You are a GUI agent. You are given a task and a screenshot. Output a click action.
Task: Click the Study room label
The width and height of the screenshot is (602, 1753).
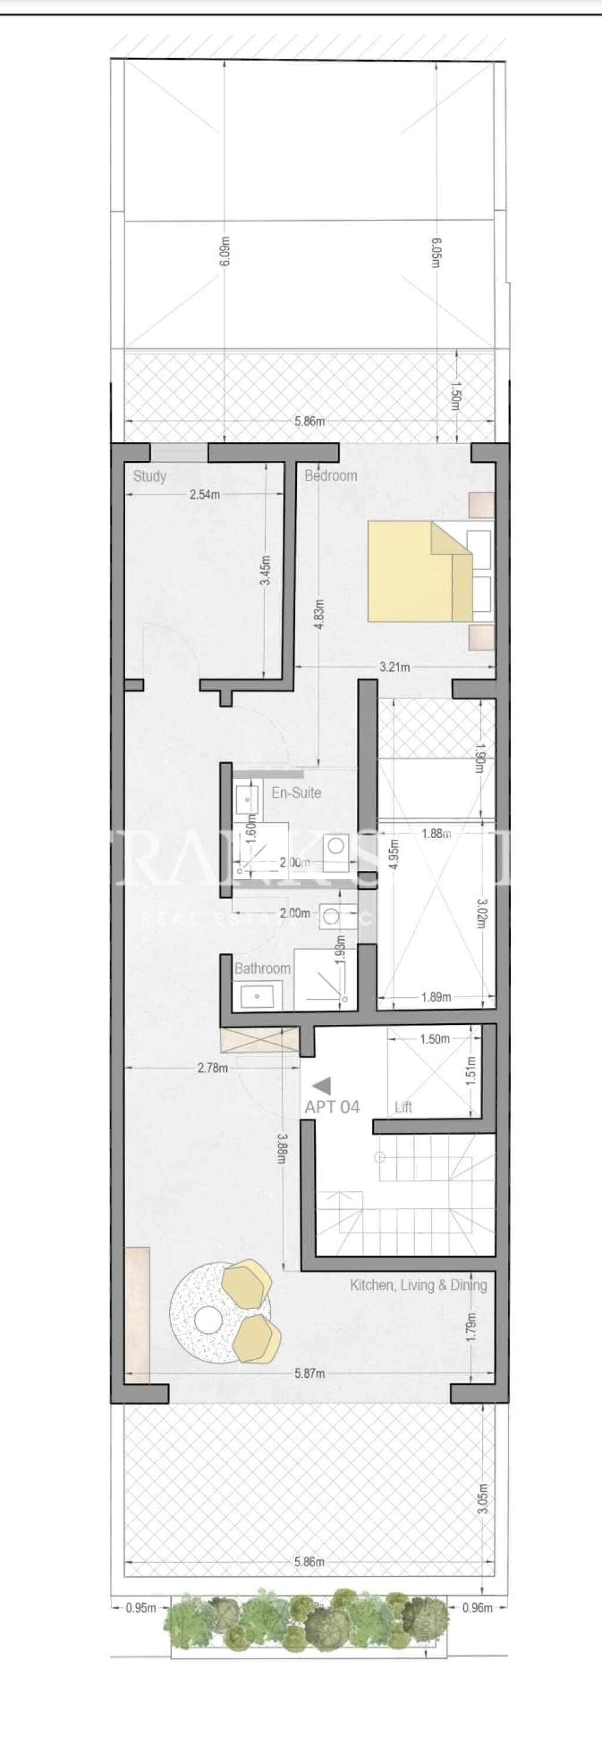coord(150,476)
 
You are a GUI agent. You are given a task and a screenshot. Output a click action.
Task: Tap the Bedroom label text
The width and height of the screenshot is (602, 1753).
coord(330,475)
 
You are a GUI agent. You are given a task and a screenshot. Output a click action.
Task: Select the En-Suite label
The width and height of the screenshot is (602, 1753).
coord(296,792)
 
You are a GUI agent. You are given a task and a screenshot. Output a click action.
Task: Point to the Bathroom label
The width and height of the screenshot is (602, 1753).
coord(262,968)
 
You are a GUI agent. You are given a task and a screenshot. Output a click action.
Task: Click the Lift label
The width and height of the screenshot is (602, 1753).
coord(403,1107)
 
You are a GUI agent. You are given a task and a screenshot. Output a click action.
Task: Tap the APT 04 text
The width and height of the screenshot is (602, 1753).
coord(332,1106)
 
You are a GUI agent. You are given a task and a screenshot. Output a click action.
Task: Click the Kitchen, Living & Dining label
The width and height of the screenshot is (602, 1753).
coord(418,1285)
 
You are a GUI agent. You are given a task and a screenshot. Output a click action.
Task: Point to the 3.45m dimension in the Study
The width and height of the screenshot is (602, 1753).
coord(266,570)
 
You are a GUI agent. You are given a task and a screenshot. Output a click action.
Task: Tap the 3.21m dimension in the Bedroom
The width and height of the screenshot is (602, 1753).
coord(395,667)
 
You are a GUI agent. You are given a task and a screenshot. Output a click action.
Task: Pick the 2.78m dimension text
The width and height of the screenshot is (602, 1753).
coord(212,1068)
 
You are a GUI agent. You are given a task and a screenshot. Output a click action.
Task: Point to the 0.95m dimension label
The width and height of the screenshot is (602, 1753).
coord(141,1608)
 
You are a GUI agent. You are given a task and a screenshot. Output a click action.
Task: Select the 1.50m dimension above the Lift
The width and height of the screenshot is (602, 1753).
coord(434,1039)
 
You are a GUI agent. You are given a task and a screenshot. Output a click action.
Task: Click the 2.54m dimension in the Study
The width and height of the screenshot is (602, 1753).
coord(205,494)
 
